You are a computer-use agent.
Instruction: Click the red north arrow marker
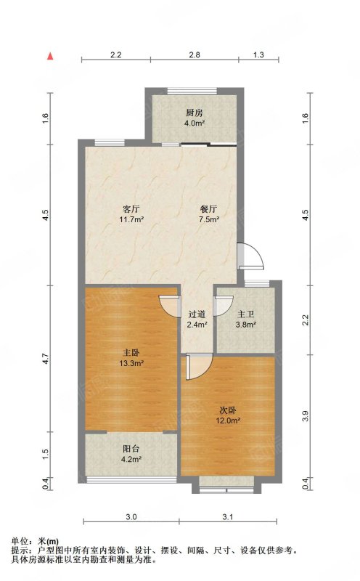point(50,57)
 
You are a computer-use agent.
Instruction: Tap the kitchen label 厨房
point(194,113)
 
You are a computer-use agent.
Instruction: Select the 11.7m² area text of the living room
point(131,219)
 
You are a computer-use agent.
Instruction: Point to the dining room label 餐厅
point(209,208)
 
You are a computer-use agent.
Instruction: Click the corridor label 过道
point(197,314)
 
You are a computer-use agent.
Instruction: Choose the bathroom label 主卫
point(245,314)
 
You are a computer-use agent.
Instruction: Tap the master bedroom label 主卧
point(131,353)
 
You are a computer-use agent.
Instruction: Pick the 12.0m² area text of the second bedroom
point(228,420)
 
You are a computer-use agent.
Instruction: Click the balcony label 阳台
point(131,449)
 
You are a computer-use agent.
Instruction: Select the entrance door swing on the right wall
point(250,256)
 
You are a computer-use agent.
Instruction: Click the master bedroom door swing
point(169,306)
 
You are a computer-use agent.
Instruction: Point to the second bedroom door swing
point(199,367)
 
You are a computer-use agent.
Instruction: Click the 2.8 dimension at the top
point(195,55)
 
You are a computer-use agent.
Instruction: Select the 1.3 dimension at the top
point(258,55)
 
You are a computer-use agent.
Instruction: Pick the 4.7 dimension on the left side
point(45,359)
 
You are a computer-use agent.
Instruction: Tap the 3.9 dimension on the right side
point(305,416)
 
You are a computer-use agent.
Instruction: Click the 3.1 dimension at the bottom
point(228,517)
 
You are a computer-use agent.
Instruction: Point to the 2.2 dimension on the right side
point(305,320)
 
